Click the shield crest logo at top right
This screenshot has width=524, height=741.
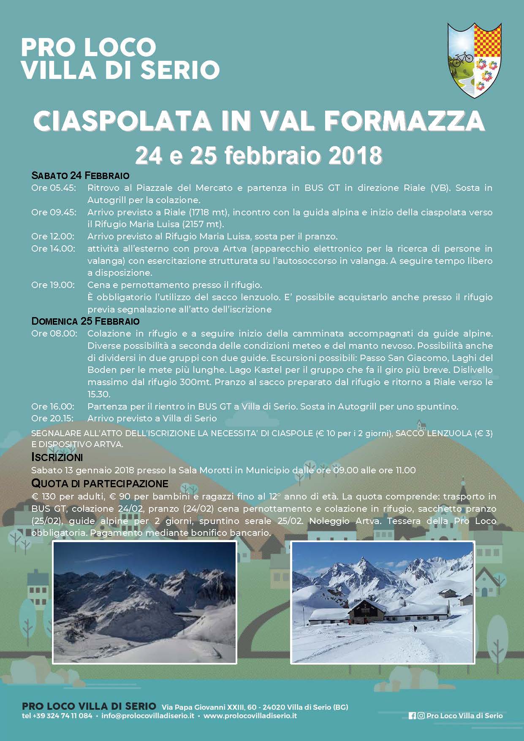474,60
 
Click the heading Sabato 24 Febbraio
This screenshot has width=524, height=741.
80,175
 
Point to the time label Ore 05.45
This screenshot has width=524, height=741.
54,188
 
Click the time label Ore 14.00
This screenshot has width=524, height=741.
53,249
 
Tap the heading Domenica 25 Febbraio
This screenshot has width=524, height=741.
85,321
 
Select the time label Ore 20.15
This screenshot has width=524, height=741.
53,418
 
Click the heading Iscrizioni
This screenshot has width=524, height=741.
57,457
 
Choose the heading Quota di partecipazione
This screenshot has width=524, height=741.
100,483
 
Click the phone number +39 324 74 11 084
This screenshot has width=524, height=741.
62,716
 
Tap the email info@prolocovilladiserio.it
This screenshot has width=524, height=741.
148,716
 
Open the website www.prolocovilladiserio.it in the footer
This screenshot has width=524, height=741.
250,716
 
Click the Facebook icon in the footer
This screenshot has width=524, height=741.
412,716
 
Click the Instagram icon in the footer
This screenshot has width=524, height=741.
421,716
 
